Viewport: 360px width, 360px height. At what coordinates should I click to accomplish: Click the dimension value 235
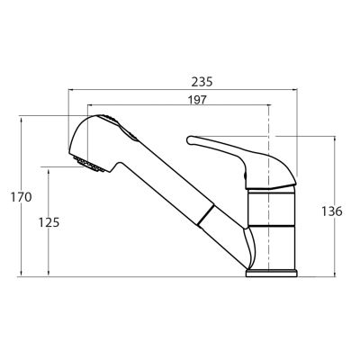point(202,82)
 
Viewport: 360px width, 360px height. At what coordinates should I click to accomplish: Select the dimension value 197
point(197,100)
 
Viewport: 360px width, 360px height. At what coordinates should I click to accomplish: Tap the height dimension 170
point(21,197)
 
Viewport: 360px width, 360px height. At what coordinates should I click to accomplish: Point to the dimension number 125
point(49,222)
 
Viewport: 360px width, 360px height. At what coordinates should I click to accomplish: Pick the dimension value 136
point(332,211)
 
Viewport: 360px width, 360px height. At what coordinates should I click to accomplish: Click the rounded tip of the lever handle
point(190,139)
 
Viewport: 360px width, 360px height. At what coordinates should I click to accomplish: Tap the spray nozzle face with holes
point(89,165)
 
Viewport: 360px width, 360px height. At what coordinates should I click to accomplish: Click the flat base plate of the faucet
point(272,273)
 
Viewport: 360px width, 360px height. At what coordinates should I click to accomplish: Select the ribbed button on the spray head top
point(119,127)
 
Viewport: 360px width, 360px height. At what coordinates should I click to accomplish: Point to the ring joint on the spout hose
point(206,214)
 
